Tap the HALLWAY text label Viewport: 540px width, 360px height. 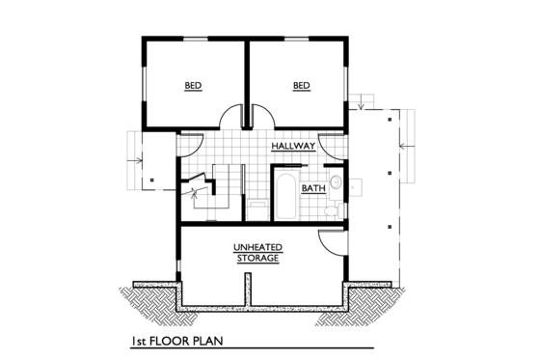coord(293,146)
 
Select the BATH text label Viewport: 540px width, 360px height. coord(312,188)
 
